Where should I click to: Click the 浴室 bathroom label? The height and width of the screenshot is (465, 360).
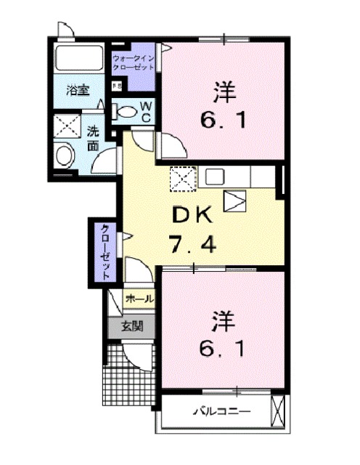pos(78,91)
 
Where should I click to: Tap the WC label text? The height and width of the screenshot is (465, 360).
pos(146,112)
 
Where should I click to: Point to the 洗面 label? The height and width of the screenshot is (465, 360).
pos(94,138)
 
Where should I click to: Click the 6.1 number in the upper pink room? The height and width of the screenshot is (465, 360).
pos(221,118)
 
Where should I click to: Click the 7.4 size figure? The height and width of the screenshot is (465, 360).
pos(192,245)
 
